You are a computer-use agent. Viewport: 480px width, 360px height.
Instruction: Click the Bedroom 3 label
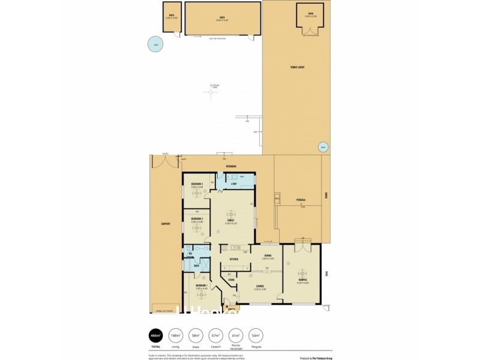[197, 184]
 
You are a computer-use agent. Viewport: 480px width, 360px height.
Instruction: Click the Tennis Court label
[297, 67]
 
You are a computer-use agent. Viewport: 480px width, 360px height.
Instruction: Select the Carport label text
[166, 224]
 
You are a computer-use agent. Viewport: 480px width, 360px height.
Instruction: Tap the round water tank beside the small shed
[155, 45]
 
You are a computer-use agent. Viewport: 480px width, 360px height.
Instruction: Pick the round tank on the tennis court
[322, 147]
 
